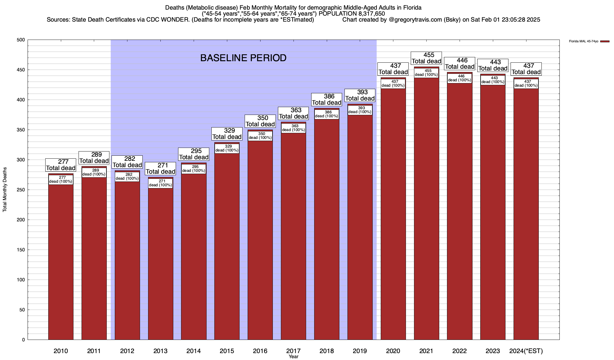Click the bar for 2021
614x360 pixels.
(x=426, y=210)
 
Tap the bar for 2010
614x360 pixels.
(x=61, y=261)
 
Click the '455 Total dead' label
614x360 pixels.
(x=426, y=58)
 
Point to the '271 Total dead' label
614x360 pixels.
(x=160, y=168)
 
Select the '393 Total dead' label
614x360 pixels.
(x=360, y=95)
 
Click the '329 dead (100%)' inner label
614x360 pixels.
(x=227, y=148)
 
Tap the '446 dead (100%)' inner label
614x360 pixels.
(x=460, y=78)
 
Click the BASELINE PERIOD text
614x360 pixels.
(x=243, y=58)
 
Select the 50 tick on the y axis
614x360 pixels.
(x=23, y=310)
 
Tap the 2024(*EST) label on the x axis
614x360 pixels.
(x=526, y=351)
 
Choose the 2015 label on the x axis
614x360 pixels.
(x=227, y=351)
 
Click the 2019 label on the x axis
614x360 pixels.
(x=360, y=351)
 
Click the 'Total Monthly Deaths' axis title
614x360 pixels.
(x=5, y=190)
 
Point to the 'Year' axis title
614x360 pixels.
(x=294, y=357)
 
